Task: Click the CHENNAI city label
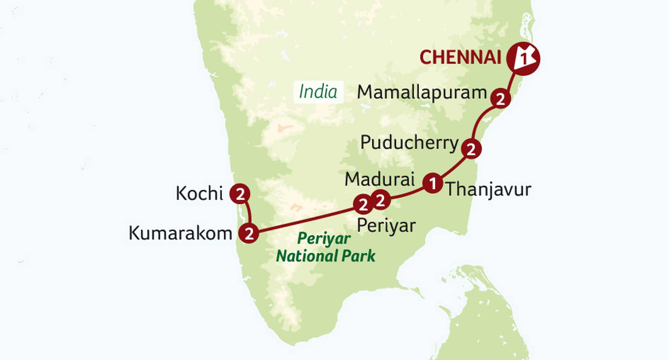[460, 58]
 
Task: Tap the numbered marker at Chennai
[523, 59]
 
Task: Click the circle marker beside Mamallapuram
[500, 99]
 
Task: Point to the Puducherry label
[409, 143]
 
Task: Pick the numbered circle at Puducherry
[471, 149]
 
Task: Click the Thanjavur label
[489, 190]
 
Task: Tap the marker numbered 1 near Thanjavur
[433, 183]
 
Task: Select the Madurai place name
[379, 179]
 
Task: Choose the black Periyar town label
[386, 226]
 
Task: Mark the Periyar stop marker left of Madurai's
[363, 205]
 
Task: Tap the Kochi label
[199, 193]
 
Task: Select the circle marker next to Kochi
[240, 194]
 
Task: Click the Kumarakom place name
[180, 233]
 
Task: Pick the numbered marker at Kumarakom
[249, 233]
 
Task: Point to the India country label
[318, 92]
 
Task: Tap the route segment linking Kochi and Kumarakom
[248, 213]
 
